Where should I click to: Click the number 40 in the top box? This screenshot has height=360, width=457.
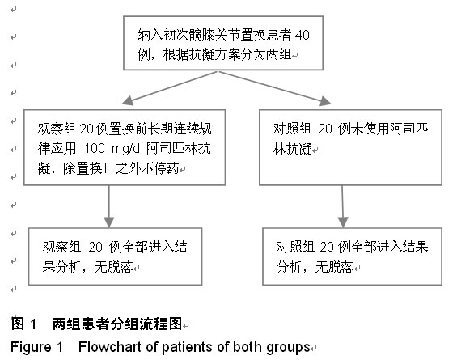pyautogui.click(x=302, y=35)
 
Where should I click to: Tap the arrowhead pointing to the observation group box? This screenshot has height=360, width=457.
pyautogui.click(x=128, y=100)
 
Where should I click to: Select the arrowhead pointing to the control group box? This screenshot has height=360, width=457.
pyautogui.click(x=325, y=101)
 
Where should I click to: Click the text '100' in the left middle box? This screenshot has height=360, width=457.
pyautogui.click(x=94, y=148)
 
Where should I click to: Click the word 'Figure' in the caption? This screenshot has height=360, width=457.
pyautogui.click(x=31, y=348)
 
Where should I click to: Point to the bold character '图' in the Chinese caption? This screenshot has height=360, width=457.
pyautogui.click(x=18, y=324)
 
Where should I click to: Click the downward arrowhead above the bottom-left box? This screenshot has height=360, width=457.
pyautogui.click(x=109, y=222)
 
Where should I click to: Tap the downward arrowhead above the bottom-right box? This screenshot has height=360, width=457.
pyautogui.click(x=343, y=222)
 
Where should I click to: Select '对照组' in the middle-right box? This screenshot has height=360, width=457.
pyautogui.click(x=292, y=129)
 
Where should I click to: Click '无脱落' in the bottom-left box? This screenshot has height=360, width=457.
pyautogui.click(x=114, y=267)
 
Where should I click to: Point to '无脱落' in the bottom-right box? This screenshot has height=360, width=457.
pyautogui.click(x=334, y=267)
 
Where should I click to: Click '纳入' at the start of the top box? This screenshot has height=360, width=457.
pyautogui.click(x=150, y=35)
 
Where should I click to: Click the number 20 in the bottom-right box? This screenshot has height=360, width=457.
pyautogui.click(x=327, y=247)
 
